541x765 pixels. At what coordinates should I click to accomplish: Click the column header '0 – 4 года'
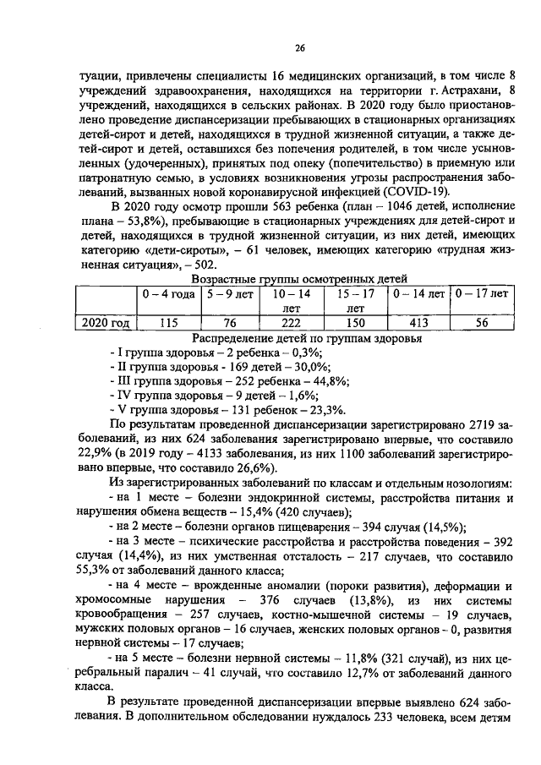[168, 294]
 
